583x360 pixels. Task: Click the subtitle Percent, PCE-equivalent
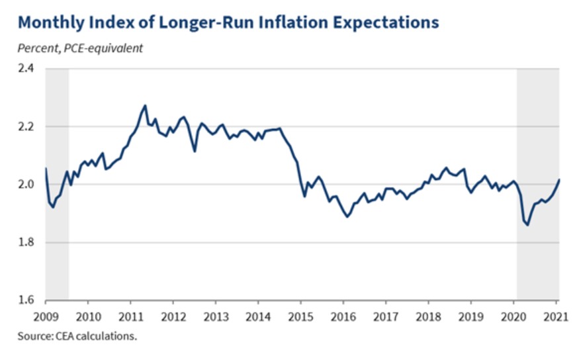pyautogui.click(x=80, y=48)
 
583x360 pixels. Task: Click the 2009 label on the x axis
pyautogui.click(x=46, y=315)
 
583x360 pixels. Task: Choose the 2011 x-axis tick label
pyautogui.click(x=131, y=315)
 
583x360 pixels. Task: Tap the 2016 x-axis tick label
pyautogui.click(x=343, y=315)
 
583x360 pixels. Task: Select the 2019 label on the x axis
pyautogui.click(x=471, y=315)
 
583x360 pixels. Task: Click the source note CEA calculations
pyautogui.click(x=77, y=336)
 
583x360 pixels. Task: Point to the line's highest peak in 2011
pyautogui.click(x=145, y=105)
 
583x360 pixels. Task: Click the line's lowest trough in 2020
pyautogui.click(x=527, y=225)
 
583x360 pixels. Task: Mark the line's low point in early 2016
pyautogui.click(x=347, y=216)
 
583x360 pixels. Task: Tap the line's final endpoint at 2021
pyautogui.click(x=559, y=179)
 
